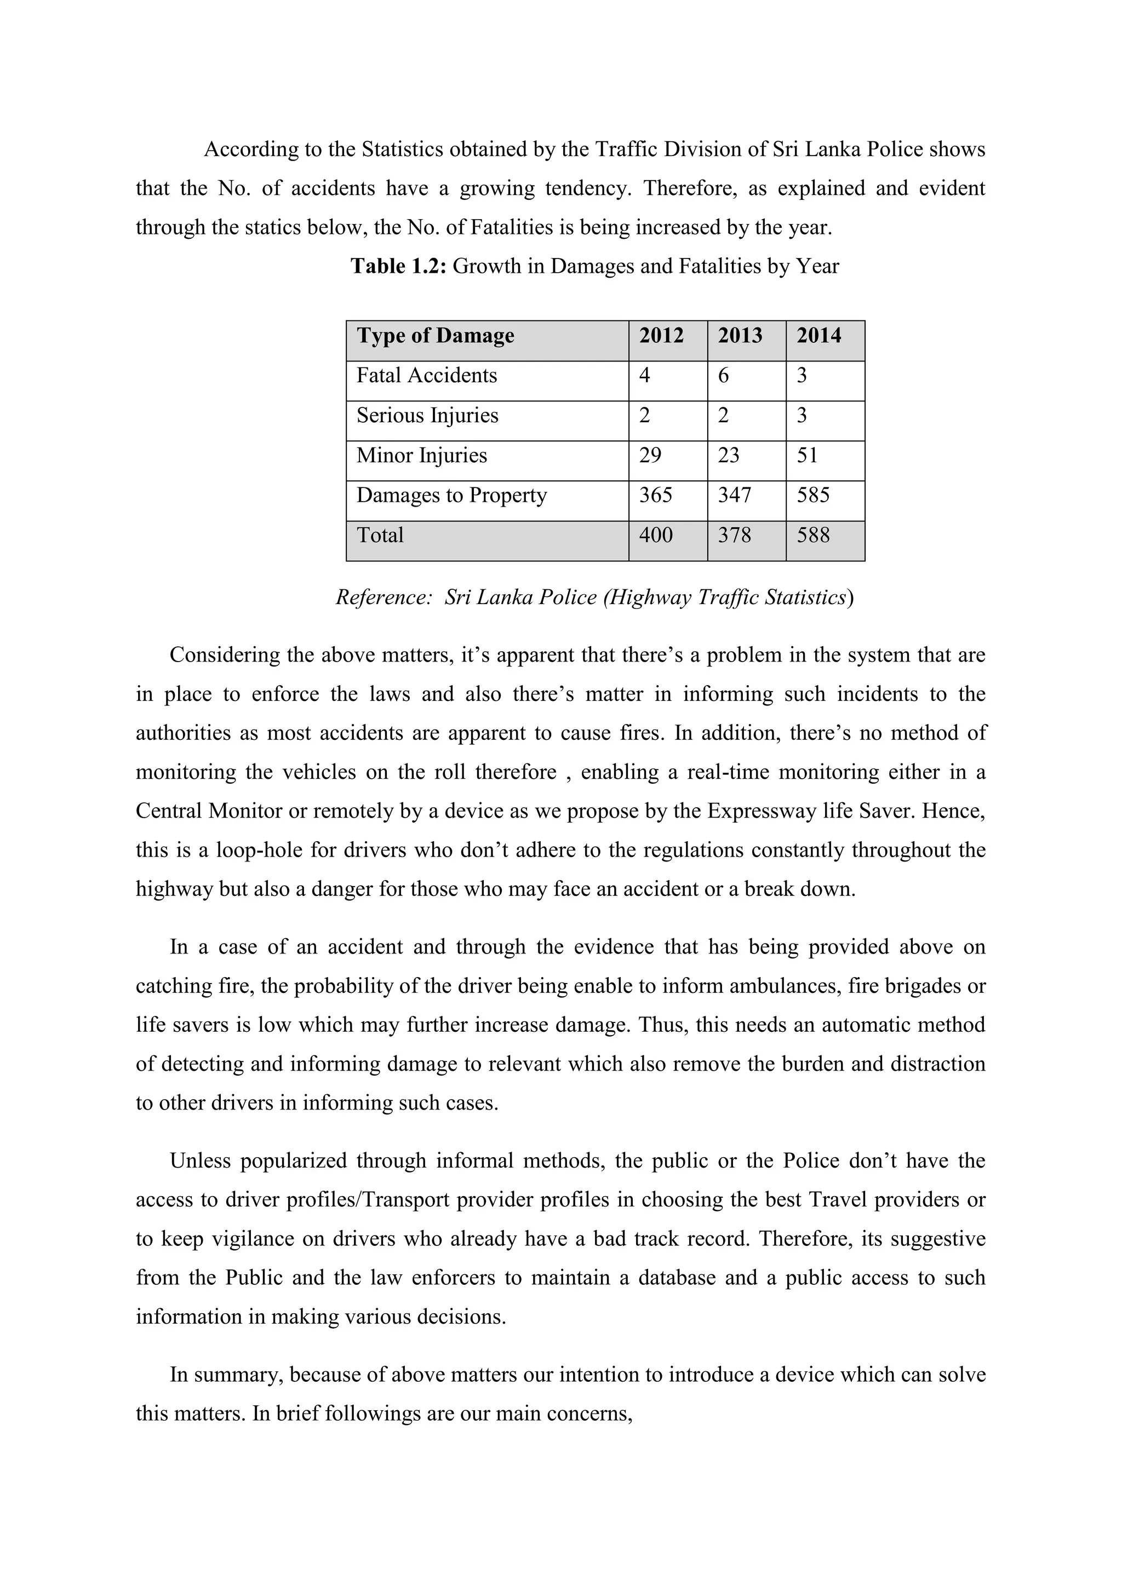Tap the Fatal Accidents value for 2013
[x=723, y=376]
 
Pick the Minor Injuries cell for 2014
[x=807, y=456]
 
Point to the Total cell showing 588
[x=812, y=536]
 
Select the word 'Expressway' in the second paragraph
[x=762, y=811]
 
